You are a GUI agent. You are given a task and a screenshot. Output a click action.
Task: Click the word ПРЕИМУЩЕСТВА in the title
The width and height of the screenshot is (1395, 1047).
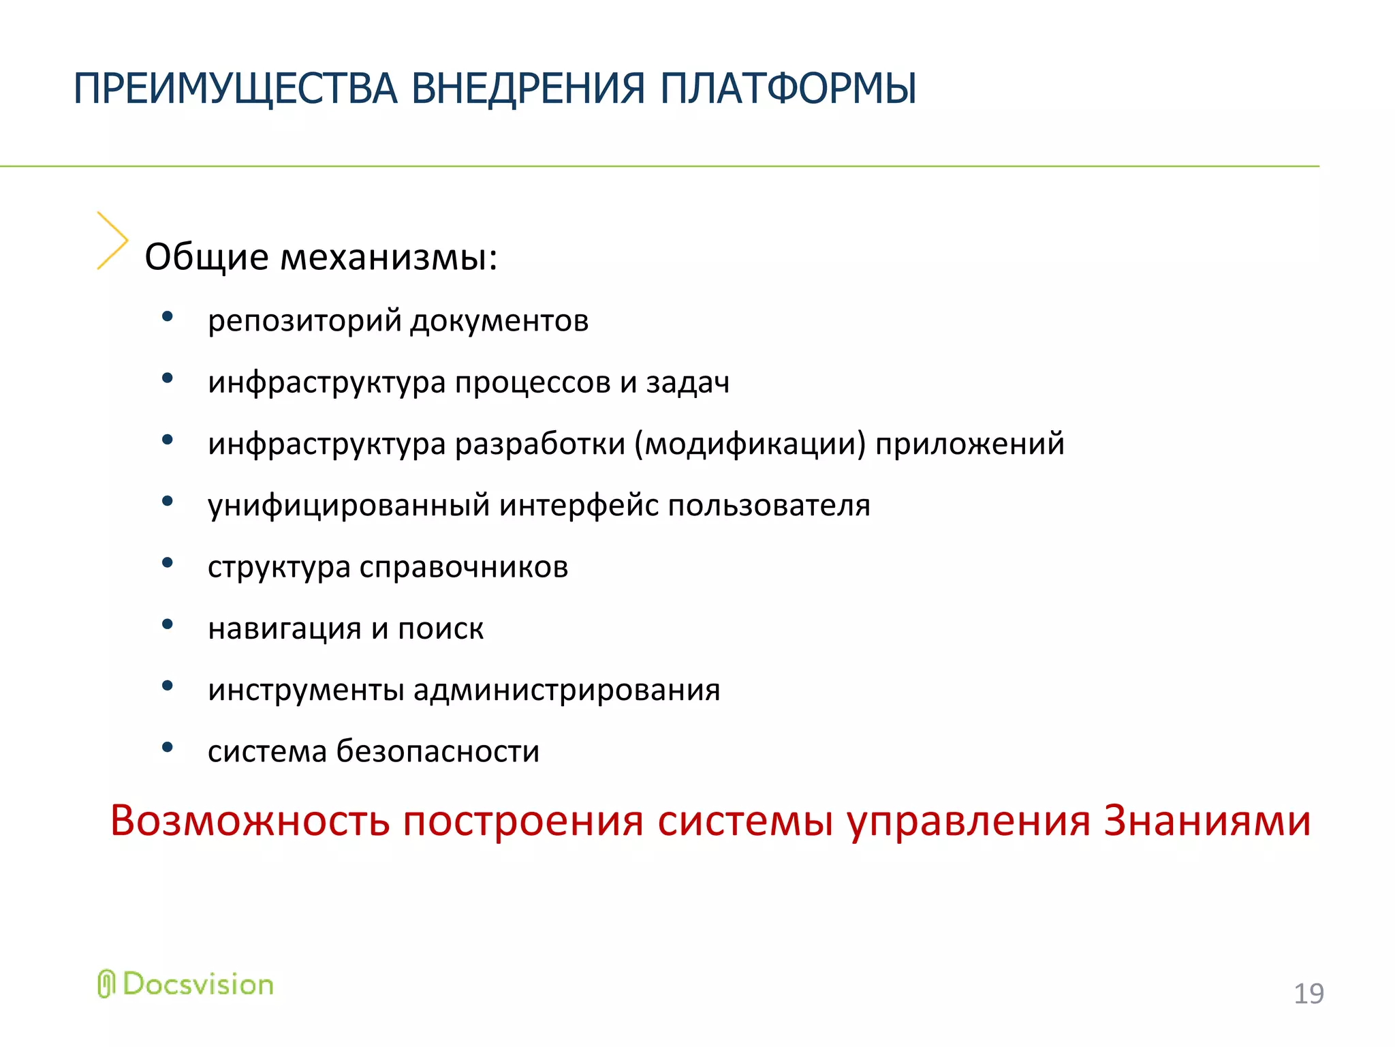click(x=235, y=89)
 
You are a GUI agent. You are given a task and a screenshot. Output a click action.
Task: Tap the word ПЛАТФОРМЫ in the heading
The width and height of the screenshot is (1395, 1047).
click(x=788, y=89)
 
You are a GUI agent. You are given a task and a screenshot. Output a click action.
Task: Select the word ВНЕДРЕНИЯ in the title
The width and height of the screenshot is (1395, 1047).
click(x=528, y=89)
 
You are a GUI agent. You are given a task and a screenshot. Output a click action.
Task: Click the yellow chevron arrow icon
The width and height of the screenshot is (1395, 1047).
click(x=112, y=240)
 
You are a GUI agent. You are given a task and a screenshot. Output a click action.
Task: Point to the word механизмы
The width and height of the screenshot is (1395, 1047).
click(x=389, y=258)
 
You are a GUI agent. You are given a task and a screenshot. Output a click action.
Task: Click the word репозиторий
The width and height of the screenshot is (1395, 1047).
click(x=304, y=320)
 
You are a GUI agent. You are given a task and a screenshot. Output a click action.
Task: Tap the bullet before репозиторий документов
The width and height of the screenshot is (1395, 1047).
click(x=168, y=316)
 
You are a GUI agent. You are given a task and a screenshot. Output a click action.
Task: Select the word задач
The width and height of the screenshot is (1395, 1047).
click(x=687, y=382)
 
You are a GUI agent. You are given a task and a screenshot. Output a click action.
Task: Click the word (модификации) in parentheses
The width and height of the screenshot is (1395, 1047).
click(x=750, y=444)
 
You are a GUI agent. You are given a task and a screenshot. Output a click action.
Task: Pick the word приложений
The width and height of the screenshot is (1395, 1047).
click(x=969, y=444)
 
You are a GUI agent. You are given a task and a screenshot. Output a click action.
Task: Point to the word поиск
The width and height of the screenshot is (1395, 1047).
click(x=440, y=628)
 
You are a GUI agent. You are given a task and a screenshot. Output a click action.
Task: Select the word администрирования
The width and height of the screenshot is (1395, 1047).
click(x=566, y=691)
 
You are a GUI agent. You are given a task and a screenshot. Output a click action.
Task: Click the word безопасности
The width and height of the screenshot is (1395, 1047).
click(x=437, y=752)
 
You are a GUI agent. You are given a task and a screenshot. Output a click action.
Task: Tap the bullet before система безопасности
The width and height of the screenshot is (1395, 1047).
click(x=168, y=747)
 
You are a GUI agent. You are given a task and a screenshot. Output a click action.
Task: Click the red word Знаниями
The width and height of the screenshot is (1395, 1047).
click(x=1206, y=821)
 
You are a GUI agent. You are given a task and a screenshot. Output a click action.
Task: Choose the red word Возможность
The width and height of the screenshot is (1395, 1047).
click(x=250, y=821)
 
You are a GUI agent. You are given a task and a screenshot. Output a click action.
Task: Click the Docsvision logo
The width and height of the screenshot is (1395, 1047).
click(x=185, y=984)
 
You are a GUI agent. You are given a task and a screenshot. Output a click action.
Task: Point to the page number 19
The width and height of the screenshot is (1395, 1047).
click(x=1308, y=994)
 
